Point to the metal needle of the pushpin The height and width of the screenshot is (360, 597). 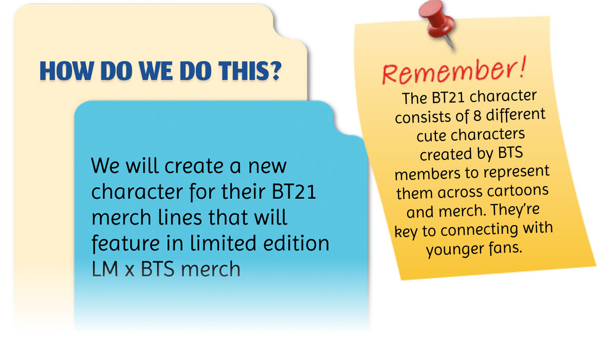[450, 42]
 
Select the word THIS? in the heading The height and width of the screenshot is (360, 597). [250, 71]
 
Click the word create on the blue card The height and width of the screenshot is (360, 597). [194, 166]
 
